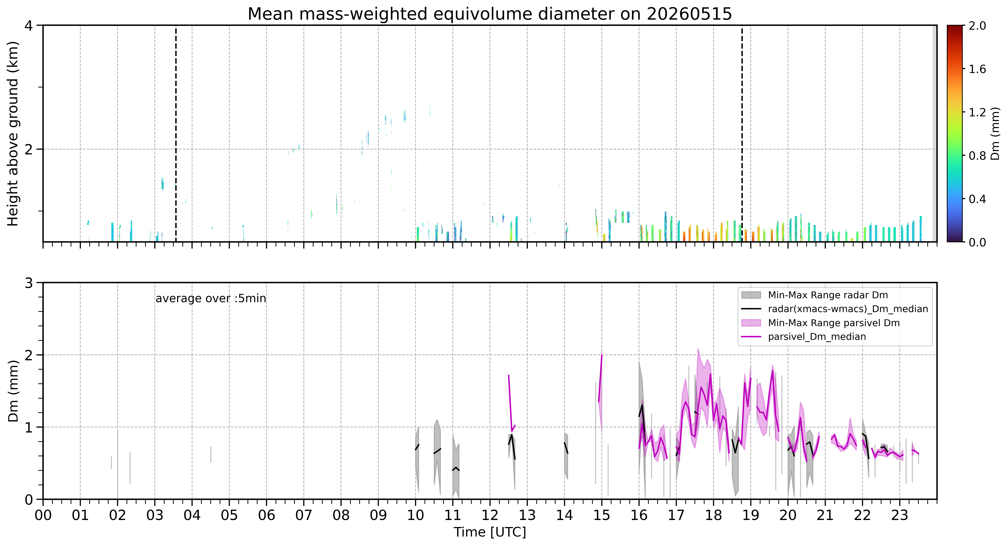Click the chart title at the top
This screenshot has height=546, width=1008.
coord(490,14)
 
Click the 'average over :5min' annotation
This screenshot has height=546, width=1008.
coord(210,299)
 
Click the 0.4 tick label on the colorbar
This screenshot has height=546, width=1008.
coord(977,199)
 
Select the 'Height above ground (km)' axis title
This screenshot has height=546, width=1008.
coord(13,133)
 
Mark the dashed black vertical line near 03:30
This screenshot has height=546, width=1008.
coord(176,133)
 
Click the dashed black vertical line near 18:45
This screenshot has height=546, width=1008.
coord(742,133)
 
